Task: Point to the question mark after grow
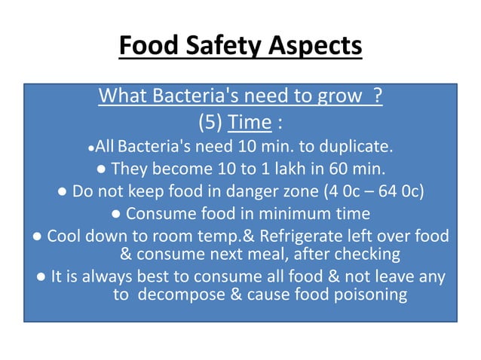click(376, 97)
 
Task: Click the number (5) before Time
click(213, 121)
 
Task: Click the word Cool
click(64, 236)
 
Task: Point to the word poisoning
click(367, 294)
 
